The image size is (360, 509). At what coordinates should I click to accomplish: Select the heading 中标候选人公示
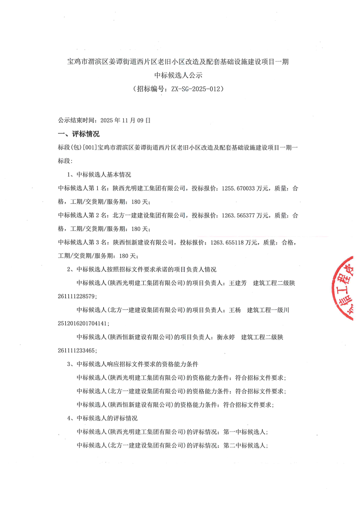pos(178,75)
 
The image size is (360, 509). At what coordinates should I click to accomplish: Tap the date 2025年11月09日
pos(125,120)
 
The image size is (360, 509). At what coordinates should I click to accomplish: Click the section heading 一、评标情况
pos(79,134)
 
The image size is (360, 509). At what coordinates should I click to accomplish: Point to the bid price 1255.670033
pos(238,189)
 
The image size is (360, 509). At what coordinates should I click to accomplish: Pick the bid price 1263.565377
pos(238,215)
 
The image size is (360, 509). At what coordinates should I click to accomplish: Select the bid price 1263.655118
pos(227,242)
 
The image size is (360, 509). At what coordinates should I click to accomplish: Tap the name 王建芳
pos(238,283)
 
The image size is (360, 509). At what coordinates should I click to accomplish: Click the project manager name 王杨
pos(235,310)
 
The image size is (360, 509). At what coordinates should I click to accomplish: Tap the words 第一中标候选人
pos(245,432)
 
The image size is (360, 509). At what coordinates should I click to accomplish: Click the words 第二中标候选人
pos(245,445)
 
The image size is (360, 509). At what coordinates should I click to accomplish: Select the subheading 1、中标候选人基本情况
pos(99,175)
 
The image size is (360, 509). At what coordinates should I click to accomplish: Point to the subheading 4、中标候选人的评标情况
pos(102,418)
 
